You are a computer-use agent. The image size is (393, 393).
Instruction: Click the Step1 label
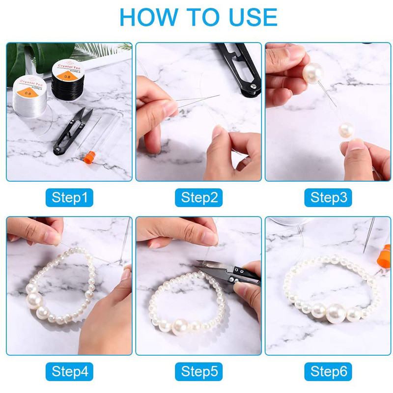click(69, 197)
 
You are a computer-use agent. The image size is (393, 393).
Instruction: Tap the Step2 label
click(199, 197)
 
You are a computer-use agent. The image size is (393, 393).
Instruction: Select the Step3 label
click(328, 197)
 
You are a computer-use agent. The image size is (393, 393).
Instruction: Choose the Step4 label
click(69, 371)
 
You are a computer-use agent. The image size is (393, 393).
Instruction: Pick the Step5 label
click(199, 371)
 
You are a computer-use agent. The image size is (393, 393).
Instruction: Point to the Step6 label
click(328, 371)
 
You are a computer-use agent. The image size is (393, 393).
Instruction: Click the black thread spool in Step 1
click(68, 80)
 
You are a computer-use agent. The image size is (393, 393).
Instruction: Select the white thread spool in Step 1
click(30, 96)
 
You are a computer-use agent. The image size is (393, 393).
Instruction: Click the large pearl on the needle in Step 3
click(313, 73)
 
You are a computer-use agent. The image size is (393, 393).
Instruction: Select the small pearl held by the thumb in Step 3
click(346, 130)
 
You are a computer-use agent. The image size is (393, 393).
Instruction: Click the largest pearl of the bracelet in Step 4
click(34, 301)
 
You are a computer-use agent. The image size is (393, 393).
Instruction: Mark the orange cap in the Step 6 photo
click(384, 256)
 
